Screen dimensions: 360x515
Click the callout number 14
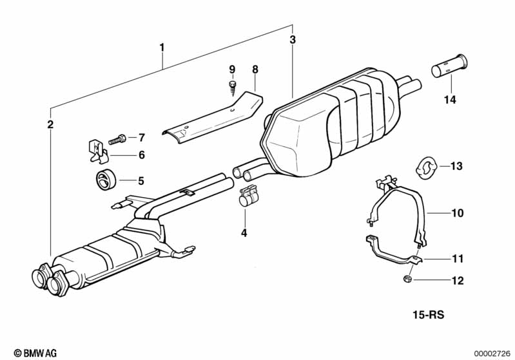point(450,100)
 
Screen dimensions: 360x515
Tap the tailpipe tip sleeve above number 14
point(450,67)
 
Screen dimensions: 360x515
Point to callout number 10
point(457,213)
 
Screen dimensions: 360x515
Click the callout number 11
point(457,259)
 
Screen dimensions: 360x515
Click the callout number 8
point(255,69)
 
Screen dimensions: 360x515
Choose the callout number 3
point(293,40)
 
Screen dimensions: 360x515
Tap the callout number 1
point(162,47)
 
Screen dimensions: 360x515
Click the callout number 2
point(50,124)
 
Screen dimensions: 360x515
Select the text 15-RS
point(429,316)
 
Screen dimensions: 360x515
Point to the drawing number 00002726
point(492,352)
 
